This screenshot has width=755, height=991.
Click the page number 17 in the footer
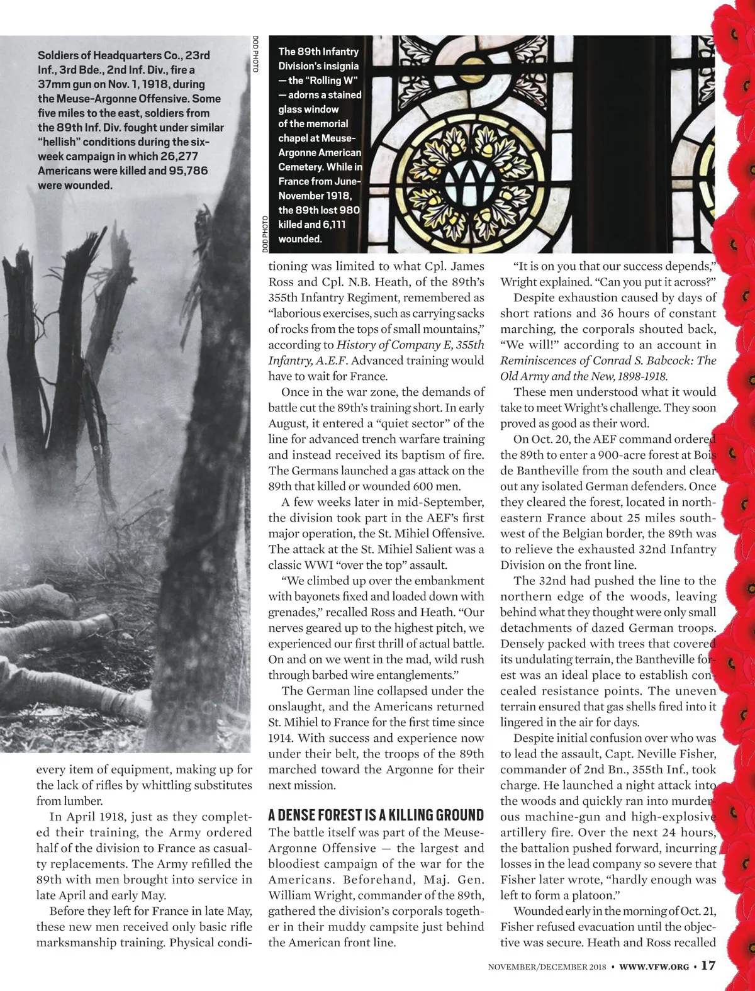[x=708, y=965]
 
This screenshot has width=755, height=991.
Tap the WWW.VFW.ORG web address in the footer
[x=655, y=966]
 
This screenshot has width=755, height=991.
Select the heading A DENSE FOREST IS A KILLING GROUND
[x=376, y=815]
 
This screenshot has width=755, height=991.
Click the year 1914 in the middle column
[x=281, y=738]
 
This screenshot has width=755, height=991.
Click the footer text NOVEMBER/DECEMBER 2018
[x=547, y=966]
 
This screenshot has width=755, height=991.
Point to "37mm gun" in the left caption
[x=63, y=84]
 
